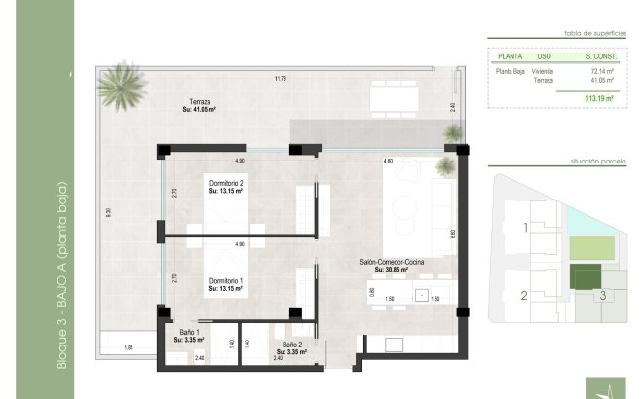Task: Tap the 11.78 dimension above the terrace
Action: tap(281, 79)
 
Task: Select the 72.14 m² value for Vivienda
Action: tap(600, 72)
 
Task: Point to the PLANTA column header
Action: tap(509, 57)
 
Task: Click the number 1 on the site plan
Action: tap(525, 228)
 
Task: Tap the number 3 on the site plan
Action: tap(603, 295)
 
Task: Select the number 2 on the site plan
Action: tap(523, 296)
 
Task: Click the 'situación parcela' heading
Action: tap(596, 160)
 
